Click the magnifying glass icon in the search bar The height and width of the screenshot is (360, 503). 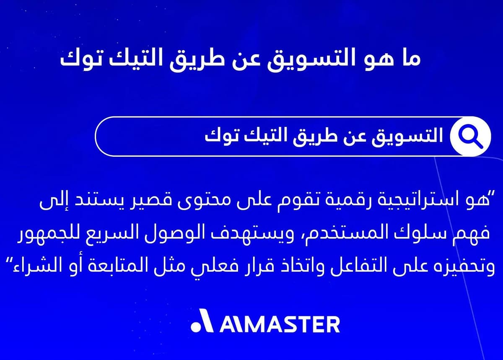click(470, 136)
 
